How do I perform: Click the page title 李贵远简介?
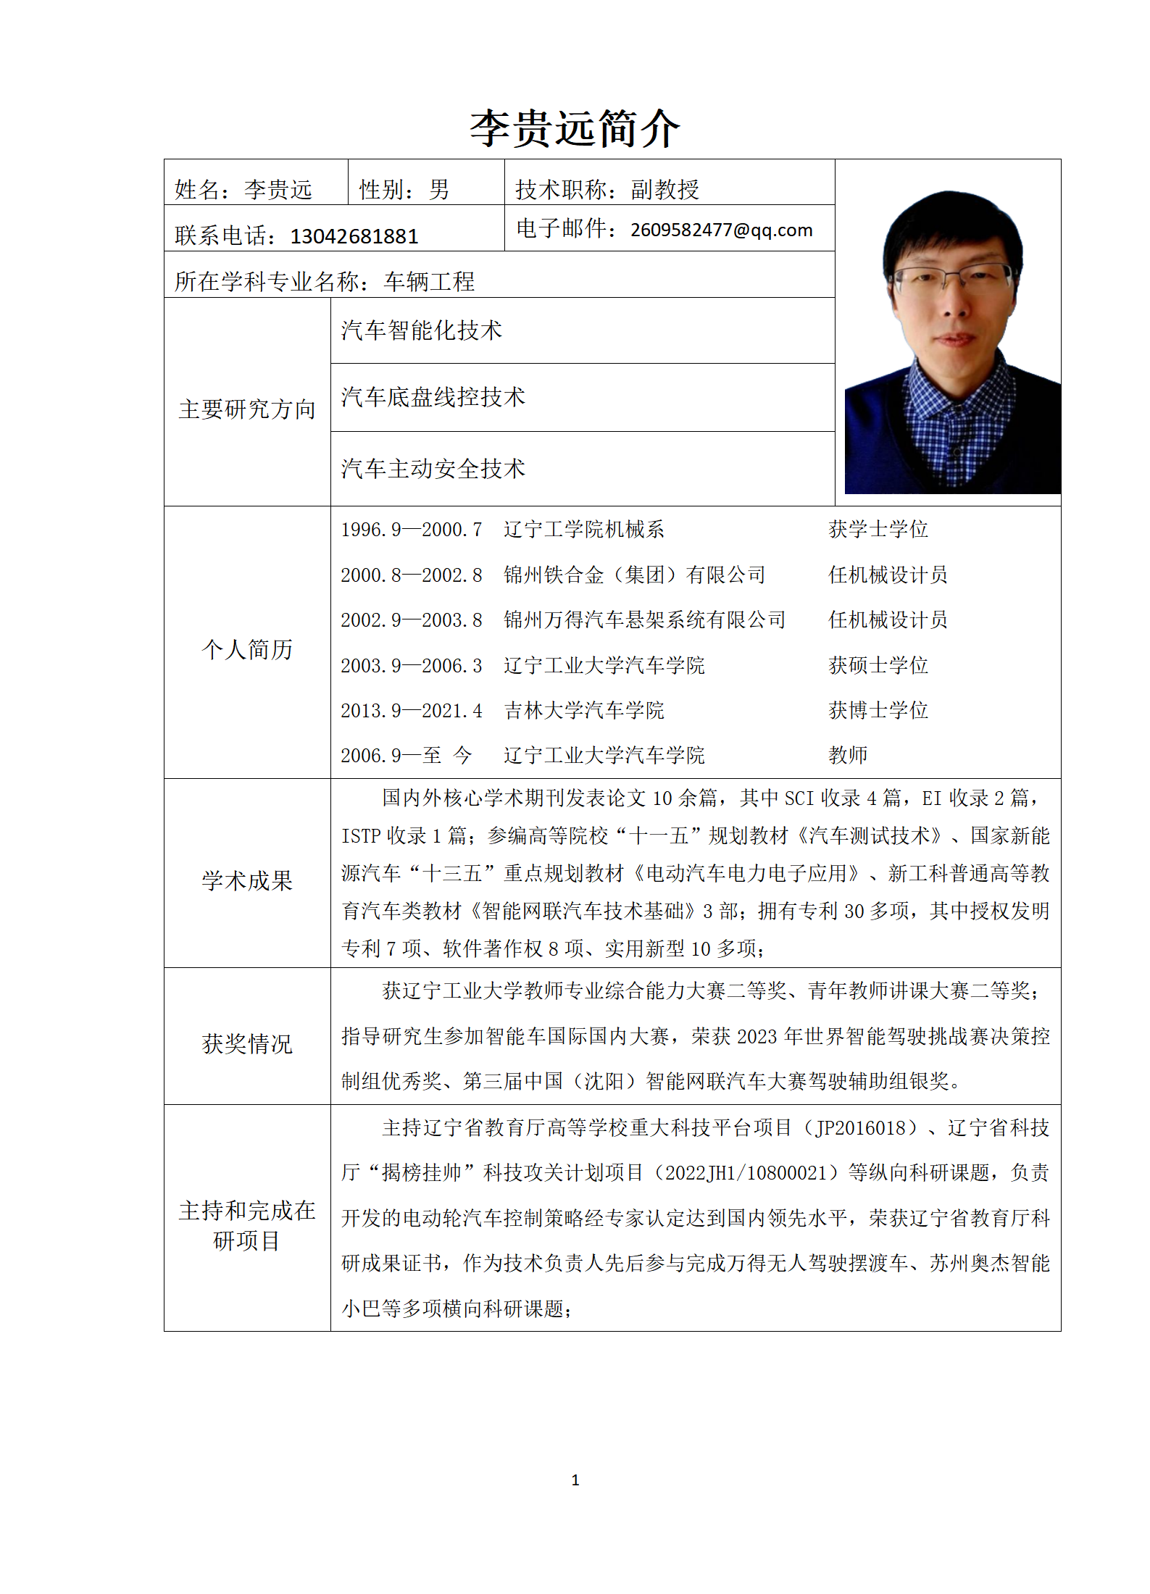pyautogui.click(x=575, y=129)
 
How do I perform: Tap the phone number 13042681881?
pyautogui.click(x=354, y=236)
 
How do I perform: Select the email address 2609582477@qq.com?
pyautogui.click(x=721, y=230)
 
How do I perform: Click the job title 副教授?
pyautogui.click(x=664, y=190)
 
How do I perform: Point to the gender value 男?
pyautogui.click(x=438, y=190)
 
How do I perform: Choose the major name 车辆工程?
pyautogui.click(x=429, y=281)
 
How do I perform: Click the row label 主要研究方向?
pyautogui.click(x=247, y=409)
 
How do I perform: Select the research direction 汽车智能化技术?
pyautogui.click(x=421, y=330)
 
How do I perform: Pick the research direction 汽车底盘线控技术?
pyautogui.click(x=433, y=396)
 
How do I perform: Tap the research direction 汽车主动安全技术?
pyautogui.click(x=433, y=469)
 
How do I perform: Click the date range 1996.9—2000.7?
pyautogui.click(x=411, y=530)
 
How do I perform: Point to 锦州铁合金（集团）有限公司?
pyautogui.click(x=634, y=575)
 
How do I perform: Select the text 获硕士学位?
pyautogui.click(x=878, y=665)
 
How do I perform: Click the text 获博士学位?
pyautogui.click(x=878, y=710)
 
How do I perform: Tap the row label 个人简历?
pyautogui.click(x=247, y=649)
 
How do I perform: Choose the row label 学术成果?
pyautogui.click(x=247, y=880)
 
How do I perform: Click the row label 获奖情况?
pyautogui.click(x=247, y=1043)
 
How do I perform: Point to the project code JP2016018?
pyautogui.click(x=861, y=1128)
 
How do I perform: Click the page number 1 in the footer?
pyautogui.click(x=575, y=1480)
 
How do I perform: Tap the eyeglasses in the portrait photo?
pyautogui.click(x=951, y=277)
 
